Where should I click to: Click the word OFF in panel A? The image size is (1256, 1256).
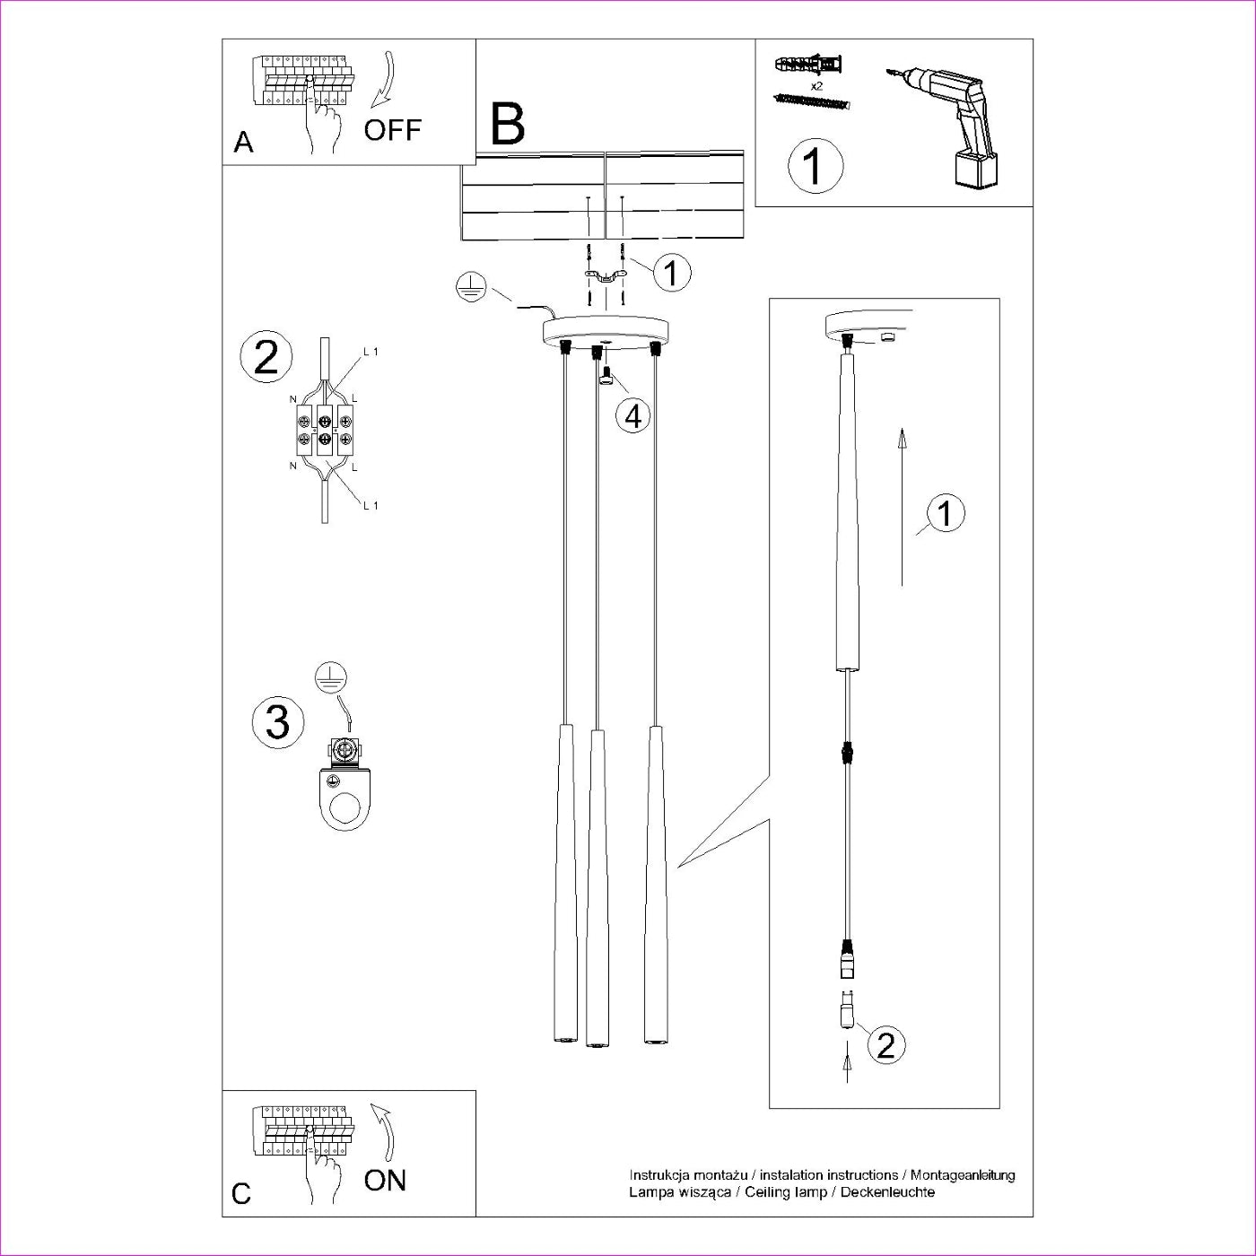(x=392, y=130)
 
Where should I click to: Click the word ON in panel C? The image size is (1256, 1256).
(x=385, y=1180)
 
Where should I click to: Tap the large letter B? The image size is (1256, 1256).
(x=508, y=125)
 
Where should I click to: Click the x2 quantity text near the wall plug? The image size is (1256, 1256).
(x=816, y=86)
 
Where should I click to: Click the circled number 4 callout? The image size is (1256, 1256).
(x=633, y=415)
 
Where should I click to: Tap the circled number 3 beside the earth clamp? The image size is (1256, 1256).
(x=277, y=722)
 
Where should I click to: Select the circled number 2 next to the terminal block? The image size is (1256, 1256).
(x=266, y=357)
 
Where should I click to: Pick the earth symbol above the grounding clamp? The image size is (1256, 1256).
(x=332, y=679)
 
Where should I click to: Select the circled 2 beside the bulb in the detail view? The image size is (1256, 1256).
(x=885, y=1045)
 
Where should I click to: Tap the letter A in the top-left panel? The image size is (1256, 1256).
(x=243, y=143)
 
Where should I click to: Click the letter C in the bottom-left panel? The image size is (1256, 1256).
(x=241, y=1194)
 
